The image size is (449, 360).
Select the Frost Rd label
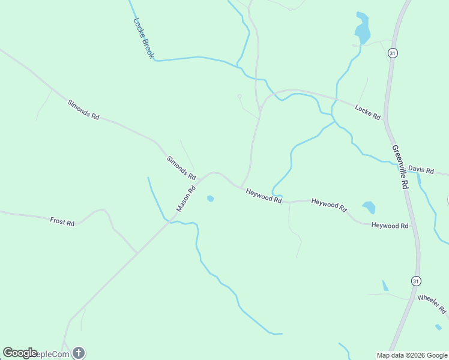click(62, 221)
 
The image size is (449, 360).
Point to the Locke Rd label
click(367, 112)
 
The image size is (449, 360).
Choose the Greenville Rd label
click(400, 167)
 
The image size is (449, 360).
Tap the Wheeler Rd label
click(432, 304)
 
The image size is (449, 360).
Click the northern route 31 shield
click(393, 53)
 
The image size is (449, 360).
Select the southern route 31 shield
click(415, 281)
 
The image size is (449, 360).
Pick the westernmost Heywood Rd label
click(264, 195)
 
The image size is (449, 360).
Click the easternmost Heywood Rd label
click(390, 226)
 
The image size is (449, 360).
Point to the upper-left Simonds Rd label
click(83, 110)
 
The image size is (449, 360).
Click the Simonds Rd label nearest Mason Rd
click(181, 169)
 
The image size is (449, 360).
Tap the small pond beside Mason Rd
click(210, 199)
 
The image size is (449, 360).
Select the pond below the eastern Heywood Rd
click(369, 208)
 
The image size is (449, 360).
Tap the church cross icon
click(79, 353)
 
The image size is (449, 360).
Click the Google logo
click(20, 353)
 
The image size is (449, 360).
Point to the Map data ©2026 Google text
click(412, 355)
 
